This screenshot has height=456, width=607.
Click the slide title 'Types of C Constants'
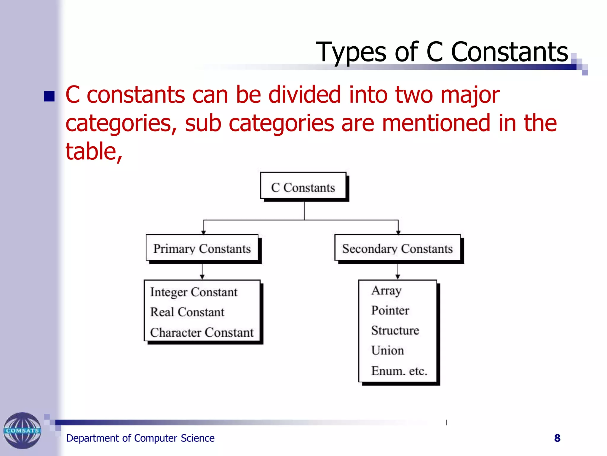point(442,52)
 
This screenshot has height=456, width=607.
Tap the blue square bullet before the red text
point(49,96)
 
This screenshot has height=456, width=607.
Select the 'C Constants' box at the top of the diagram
point(303,187)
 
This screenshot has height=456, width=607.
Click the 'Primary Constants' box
point(202,248)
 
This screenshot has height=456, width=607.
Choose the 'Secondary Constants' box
point(397,248)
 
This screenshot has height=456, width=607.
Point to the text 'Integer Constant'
point(194,292)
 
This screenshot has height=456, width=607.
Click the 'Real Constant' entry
point(187,312)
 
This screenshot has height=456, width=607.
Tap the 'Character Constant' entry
point(202,332)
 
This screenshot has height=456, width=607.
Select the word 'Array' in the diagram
point(386,291)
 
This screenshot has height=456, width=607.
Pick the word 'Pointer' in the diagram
point(390,311)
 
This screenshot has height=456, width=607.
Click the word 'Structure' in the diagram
point(395,330)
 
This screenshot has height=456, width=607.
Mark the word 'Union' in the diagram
point(387,351)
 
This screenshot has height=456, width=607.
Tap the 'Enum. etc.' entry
point(399,371)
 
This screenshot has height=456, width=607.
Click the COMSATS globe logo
point(22,430)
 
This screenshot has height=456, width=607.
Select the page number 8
point(557,438)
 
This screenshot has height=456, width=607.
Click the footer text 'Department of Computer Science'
point(140,438)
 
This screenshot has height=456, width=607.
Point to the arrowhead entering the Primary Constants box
point(203,232)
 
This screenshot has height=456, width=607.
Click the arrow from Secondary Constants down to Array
point(398,271)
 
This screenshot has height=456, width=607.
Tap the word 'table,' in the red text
point(94,151)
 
